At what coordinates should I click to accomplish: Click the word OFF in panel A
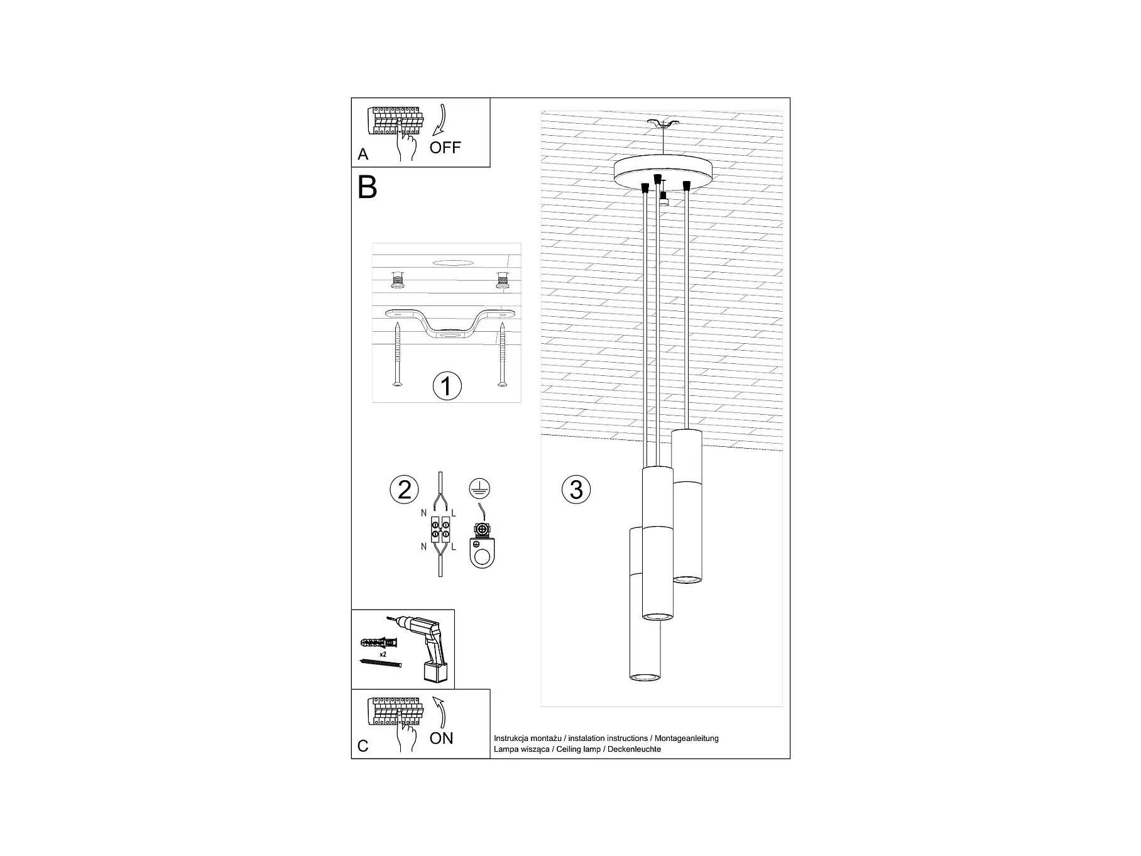point(445,148)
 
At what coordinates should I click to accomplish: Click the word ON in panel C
point(441,738)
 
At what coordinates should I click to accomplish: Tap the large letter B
point(368,187)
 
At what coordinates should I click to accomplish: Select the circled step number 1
point(447,386)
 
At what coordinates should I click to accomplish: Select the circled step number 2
point(404,490)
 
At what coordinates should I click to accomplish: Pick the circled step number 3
point(576,490)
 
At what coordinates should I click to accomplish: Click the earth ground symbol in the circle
point(480,488)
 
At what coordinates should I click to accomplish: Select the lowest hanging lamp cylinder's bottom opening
point(645,677)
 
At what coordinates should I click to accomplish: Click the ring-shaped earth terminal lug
point(482,556)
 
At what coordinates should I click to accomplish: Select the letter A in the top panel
point(363,155)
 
